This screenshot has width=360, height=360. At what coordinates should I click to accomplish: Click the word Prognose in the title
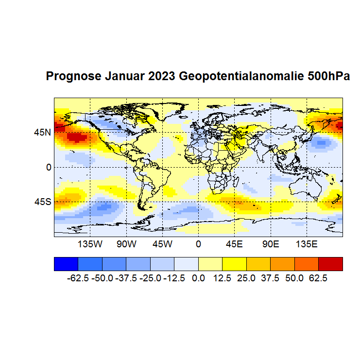[73, 77]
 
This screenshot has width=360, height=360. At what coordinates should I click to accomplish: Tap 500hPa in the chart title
[329, 77]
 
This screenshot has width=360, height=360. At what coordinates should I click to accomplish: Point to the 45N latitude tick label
[42, 132]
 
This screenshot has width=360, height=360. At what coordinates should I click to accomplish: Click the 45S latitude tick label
[42, 202]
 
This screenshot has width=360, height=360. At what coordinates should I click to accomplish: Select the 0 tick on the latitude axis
[49, 167]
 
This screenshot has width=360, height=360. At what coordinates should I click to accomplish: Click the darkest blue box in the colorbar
[66, 263]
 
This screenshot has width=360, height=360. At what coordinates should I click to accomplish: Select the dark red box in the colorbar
[330, 263]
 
